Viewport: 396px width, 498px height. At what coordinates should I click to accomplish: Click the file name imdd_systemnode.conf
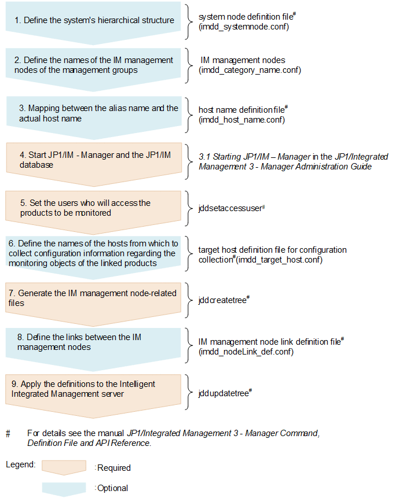(x=244, y=27)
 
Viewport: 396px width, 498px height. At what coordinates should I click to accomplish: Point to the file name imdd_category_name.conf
(x=250, y=70)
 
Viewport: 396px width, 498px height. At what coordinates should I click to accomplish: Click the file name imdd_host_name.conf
(x=241, y=120)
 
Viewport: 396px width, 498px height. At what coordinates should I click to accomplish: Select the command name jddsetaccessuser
(x=230, y=208)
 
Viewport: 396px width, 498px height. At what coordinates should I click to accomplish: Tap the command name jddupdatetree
(x=223, y=393)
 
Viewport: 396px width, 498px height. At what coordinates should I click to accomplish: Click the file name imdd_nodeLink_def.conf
(x=246, y=351)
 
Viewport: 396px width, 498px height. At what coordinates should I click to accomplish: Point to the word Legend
(x=21, y=464)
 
